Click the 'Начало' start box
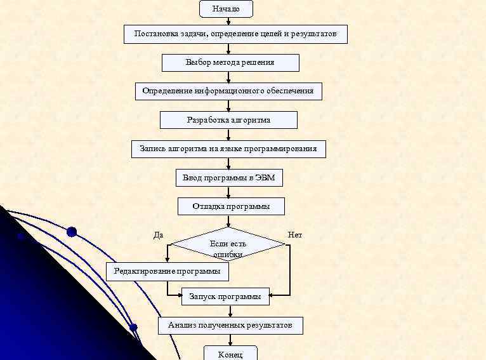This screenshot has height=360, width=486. click(x=226, y=9)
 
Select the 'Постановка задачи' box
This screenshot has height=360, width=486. click(x=235, y=34)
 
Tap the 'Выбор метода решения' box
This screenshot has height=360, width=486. click(x=230, y=63)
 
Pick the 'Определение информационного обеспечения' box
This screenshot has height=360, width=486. click(x=228, y=91)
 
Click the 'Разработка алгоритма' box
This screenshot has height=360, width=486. click(x=228, y=120)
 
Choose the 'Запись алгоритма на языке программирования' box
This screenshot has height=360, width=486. click(x=228, y=149)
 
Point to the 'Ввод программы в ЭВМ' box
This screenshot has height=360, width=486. click(x=228, y=178)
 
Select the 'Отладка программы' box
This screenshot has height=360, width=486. click(x=231, y=206)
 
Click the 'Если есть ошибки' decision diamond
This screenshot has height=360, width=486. click(x=228, y=244)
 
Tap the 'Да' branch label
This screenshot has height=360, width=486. click(x=159, y=235)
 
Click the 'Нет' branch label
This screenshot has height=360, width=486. click(x=295, y=235)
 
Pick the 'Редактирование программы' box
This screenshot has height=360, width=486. click(x=167, y=272)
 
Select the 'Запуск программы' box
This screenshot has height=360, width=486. click(x=225, y=297)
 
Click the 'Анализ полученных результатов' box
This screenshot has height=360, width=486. click(x=230, y=326)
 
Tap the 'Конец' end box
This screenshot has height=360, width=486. click(x=230, y=354)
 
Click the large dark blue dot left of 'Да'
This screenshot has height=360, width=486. click(x=72, y=232)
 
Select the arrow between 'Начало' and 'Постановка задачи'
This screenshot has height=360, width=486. click(x=228, y=21)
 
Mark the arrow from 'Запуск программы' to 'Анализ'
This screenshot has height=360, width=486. click(x=230, y=310)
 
